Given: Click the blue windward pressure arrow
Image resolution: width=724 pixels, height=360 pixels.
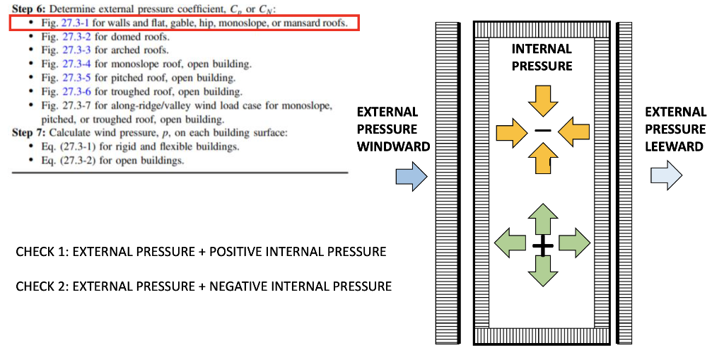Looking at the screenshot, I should (411, 176).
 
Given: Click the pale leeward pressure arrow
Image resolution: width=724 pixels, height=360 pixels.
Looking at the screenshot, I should (665, 176).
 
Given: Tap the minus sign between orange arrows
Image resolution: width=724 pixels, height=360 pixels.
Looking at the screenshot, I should (542, 131).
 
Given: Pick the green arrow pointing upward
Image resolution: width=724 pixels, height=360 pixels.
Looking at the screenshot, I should (542, 217).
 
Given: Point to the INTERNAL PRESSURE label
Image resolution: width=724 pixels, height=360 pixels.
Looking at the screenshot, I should (542, 57).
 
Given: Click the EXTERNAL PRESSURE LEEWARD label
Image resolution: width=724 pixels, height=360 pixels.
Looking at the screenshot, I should (675, 129).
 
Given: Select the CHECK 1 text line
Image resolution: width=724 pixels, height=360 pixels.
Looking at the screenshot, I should (201, 252).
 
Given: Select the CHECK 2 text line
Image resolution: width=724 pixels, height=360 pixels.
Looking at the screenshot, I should (203, 286).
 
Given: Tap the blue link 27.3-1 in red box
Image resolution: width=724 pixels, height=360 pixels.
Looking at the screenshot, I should (74, 23).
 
